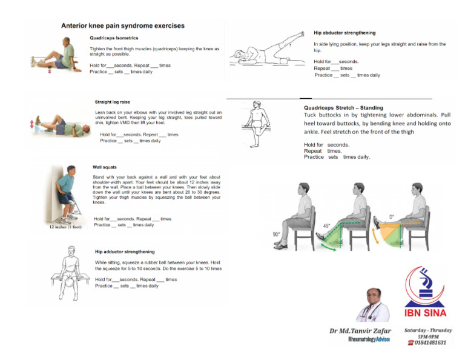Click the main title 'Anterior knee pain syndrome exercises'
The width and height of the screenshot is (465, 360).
point(123,26)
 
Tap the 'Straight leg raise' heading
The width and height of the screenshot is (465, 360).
point(113,102)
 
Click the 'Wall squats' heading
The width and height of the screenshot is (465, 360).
point(105,166)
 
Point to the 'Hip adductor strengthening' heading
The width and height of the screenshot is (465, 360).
point(125,252)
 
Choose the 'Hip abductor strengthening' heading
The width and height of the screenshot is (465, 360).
point(345,33)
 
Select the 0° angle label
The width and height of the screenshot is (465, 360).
point(392,216)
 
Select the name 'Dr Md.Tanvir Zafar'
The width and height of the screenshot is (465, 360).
point(360,331)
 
